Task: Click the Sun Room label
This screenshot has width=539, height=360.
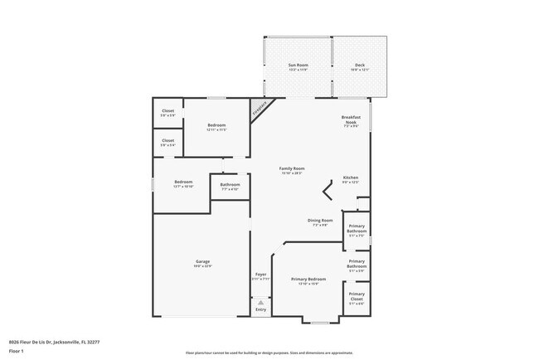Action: [x=298, y=66]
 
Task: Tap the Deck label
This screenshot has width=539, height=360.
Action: [x=359, y=66]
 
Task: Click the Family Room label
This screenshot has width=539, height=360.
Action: [x=291, y=170]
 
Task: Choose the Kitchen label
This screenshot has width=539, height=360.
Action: [x=350, y=179]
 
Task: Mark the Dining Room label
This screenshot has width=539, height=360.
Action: [x=321, y=221]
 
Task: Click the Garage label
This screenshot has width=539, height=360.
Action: [x=202, y=264]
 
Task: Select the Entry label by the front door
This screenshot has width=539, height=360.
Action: [x=260, y=309]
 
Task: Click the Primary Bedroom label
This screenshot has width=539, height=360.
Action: [x=308, y=281]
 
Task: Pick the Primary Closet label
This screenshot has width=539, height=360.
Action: [x=357, y=297]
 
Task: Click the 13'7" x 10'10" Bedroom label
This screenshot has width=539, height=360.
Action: [x=183, y=183]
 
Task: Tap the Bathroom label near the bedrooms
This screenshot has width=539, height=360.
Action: [x=230, y=187]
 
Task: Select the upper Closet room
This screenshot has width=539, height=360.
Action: [x=168, y=113]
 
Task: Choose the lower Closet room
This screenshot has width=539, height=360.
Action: [x=168, y=142]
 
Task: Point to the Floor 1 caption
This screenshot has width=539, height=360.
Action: [x=16, y=351]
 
